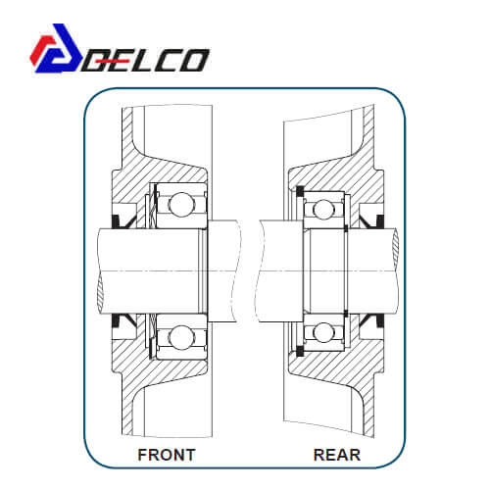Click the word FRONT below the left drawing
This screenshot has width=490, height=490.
(167, 455)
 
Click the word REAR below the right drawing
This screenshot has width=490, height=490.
(337, 455)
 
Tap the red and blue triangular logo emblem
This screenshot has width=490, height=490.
(56, 48)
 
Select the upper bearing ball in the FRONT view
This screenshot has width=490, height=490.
(181, 205)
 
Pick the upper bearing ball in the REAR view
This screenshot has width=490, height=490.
(323, 210)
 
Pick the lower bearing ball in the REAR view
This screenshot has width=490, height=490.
(323, 333)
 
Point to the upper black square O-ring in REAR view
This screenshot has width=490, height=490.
(300, 191)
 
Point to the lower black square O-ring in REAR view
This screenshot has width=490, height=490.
(300, 351)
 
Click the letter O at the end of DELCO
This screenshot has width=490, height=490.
(193, 61)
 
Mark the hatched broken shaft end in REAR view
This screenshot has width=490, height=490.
(396, 247)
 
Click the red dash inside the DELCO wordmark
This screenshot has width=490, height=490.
(108, 61)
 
